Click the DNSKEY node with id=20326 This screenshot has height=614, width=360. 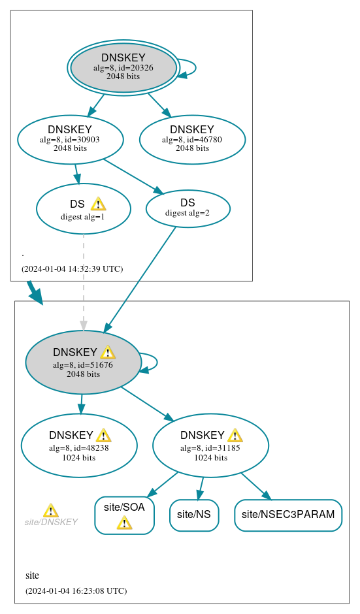123,67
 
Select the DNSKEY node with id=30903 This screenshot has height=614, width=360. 70,139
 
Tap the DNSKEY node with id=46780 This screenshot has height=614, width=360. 192,139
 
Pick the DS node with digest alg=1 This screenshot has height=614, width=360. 83,209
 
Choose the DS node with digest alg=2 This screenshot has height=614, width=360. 188,208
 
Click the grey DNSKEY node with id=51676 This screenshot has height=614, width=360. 83,363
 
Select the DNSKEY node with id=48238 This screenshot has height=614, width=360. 79,445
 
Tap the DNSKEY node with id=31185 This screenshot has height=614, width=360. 210,445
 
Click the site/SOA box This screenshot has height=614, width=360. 124,515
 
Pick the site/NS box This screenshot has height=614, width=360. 194,515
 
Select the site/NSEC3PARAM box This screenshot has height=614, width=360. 288,515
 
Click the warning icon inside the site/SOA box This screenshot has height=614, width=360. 124,523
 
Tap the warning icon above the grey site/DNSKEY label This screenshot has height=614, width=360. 50,510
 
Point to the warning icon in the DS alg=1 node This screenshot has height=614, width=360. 98,204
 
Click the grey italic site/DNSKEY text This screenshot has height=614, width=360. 51,523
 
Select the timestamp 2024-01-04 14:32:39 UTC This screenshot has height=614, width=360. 72,268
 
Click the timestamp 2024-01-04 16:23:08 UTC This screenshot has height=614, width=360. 76,590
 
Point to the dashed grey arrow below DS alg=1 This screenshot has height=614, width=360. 83,281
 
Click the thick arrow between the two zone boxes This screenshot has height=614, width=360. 35,293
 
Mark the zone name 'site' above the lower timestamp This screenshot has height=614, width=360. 32,575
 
